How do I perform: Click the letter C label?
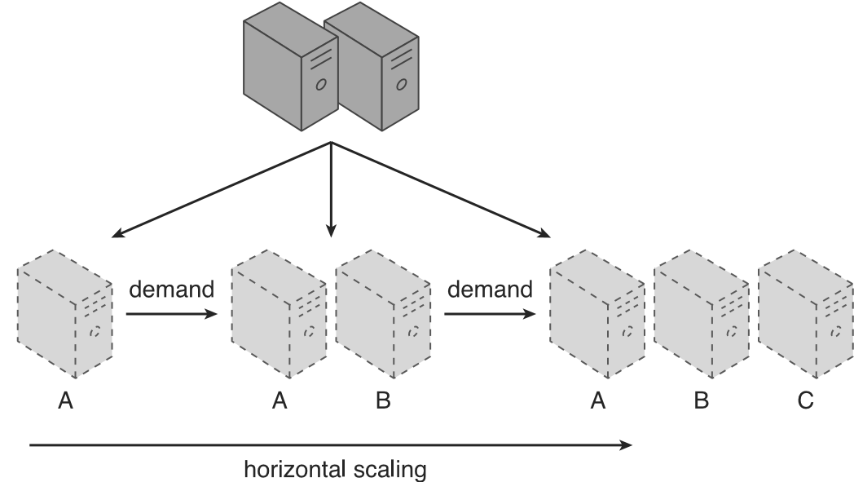(805, 400)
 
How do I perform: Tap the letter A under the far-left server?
(66, 400)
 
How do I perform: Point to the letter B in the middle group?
(383, 400)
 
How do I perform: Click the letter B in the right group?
(701, 400)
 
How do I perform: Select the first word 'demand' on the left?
(171, 290)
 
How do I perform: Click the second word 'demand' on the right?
(490, 290)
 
